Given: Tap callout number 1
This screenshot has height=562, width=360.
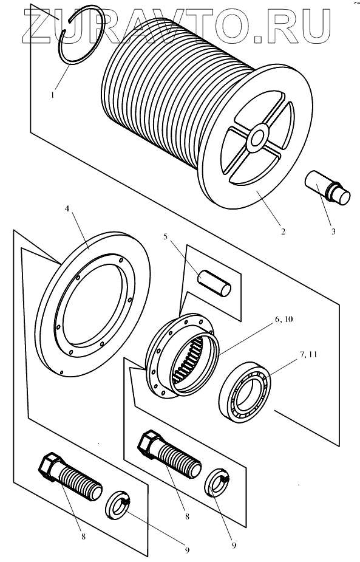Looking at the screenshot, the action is (53, 95).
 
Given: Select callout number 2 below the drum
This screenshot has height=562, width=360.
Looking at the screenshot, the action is (283, 231).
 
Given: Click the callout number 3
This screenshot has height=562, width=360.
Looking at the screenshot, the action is (333, 231).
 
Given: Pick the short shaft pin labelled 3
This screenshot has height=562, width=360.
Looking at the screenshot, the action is (327, 188).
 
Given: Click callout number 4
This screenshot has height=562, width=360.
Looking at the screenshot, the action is (67, 208).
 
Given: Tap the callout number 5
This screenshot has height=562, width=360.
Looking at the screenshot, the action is (166, 238).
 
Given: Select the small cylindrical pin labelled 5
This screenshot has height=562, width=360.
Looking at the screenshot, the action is (214, 284).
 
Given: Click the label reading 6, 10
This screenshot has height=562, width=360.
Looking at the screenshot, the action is (282, 319).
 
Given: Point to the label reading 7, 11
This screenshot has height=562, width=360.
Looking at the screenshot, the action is (307, 354).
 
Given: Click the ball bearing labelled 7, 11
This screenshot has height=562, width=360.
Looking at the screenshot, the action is (245, 392).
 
